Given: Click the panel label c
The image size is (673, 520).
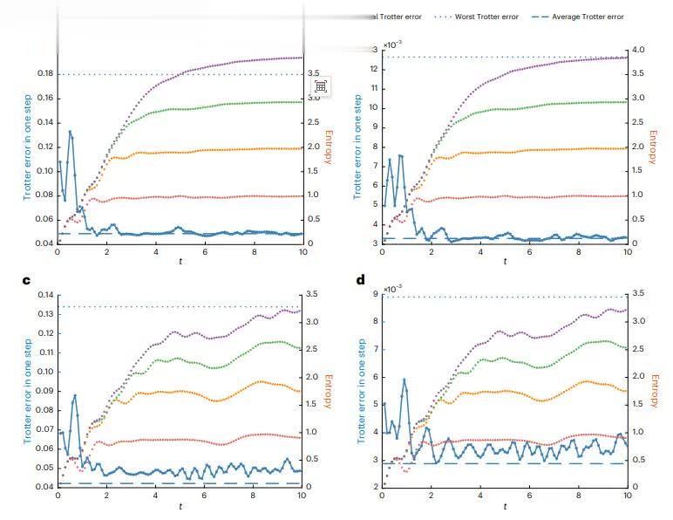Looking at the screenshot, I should [x=26, y=281].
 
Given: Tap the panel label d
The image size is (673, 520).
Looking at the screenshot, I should [x=360, y=281].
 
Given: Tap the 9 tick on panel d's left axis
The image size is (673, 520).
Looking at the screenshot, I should [x=374, y=295].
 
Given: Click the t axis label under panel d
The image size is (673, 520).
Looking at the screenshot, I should [x=505, y=506].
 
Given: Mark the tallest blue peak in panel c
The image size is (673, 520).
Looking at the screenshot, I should [x=75, y=395].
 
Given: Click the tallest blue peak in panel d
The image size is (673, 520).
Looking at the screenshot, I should [x=404, y=380].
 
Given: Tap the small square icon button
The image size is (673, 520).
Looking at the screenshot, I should [x=321, y=86].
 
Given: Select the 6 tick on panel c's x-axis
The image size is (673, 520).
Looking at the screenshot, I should [x=205, y=495].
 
